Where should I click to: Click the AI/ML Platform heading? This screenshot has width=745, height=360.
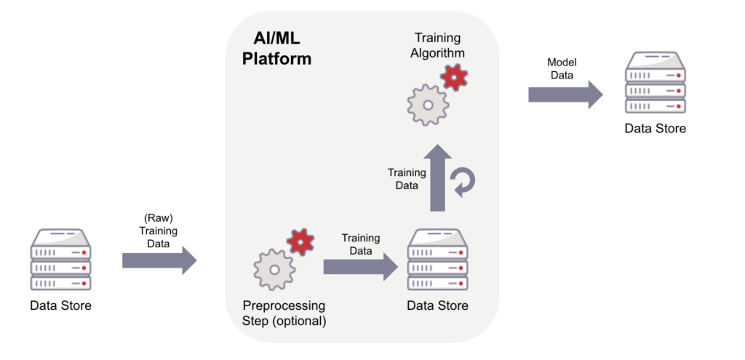click(x=276, y=49)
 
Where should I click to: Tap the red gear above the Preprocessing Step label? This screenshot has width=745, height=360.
click(x=299, y=241)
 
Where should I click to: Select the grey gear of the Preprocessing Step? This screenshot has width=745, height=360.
click(x=274, y=268)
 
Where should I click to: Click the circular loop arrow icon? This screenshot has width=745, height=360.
click(x=463, y=181)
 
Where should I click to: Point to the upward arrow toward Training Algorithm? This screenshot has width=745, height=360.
click(x=438, y=177)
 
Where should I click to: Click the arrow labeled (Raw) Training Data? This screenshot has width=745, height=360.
click(x=159, y=260)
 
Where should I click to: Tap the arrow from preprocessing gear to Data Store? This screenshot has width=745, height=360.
click(x=360, y=268)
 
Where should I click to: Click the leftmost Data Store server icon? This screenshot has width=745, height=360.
click(x=61, y=259)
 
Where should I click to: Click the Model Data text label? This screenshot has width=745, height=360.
click(x=561, y=68)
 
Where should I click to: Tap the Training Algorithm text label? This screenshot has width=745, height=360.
click(x=439, y=44)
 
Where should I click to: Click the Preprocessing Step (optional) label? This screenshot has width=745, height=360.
click(x=284, y=313)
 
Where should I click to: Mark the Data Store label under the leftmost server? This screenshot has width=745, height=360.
click(x=61, y=305)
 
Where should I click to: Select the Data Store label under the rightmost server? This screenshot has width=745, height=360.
click(x=655, y=129)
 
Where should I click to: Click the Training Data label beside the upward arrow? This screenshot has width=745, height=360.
click(x=407, y=179)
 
